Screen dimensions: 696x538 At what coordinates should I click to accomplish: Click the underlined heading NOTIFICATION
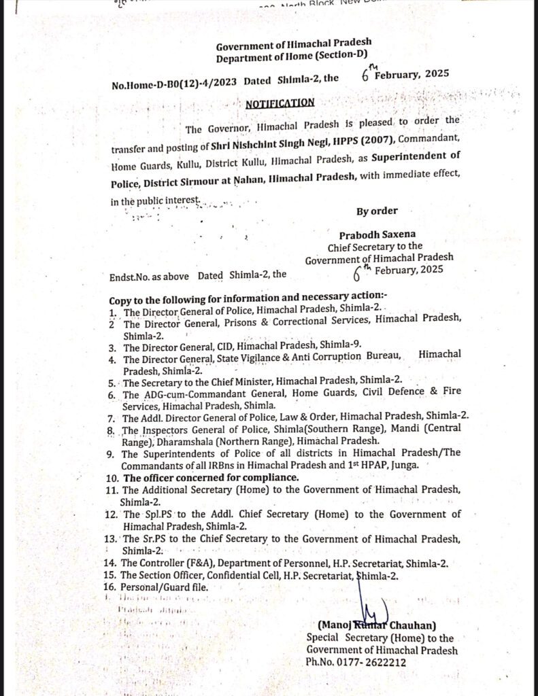click(280, 103)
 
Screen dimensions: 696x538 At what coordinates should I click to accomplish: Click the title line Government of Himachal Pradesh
click(293, 46)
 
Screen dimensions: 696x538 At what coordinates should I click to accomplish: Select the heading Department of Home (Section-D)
click(293, 58)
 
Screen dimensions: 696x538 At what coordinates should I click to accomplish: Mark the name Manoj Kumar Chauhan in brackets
click(376, 625)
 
